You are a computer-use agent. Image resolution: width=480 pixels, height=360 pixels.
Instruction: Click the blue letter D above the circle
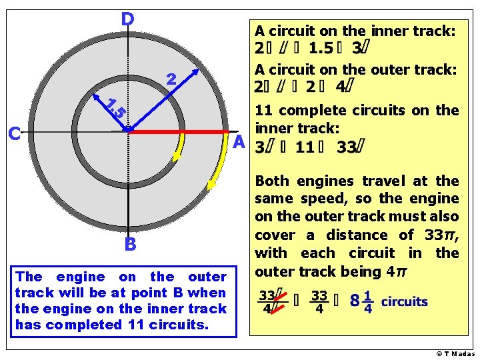tap(127, 19)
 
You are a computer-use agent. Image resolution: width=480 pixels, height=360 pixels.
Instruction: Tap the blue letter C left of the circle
tap(15, 134)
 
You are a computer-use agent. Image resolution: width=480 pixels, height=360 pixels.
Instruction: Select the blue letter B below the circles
tap(130, 245)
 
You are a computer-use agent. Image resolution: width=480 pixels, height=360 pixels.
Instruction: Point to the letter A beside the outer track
tap(239, 141)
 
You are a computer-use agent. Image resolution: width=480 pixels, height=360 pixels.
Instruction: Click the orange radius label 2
tap(171, 80)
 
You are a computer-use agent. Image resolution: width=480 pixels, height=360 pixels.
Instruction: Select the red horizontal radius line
tap(180, 132)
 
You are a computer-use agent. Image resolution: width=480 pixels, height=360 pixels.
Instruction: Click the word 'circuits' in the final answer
tap(405, 301)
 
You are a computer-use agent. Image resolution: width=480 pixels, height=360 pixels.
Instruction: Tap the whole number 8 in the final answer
tap(355, 301)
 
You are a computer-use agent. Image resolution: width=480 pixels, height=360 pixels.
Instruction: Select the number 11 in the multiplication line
tap(305, 147)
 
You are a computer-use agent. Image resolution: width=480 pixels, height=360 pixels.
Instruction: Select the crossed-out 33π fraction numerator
tap(269, 294)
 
